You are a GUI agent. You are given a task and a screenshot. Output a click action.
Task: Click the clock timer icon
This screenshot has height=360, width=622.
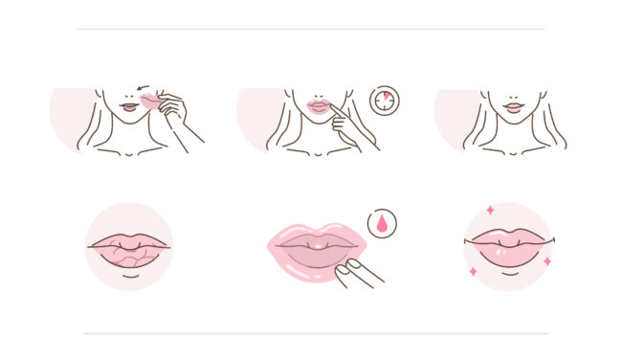click(x=384, y=101)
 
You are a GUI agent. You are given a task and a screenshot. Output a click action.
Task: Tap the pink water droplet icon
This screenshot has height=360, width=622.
click(x=383, y=224)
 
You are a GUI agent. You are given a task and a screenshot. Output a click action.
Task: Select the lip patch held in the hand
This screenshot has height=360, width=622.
click(x=150, y=100)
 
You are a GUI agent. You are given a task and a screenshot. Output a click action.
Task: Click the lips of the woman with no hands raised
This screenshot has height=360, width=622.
click(x=515, y=107)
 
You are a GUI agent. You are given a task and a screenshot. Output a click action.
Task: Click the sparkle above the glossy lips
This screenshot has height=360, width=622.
click(x=490, y=210)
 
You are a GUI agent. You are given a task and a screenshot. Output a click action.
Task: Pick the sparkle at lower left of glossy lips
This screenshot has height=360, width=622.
click(x=473, y=272)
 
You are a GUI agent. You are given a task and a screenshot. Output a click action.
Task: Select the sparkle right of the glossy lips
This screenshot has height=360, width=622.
click(x=547, y=260)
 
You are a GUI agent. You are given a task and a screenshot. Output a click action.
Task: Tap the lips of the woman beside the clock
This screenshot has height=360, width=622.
click(x=318, y=107)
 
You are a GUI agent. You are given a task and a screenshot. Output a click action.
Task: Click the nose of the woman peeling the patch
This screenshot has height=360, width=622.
click(x=129, y=96)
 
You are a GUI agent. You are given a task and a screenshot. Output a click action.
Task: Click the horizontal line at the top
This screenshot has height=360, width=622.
click(x=310, y=29)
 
